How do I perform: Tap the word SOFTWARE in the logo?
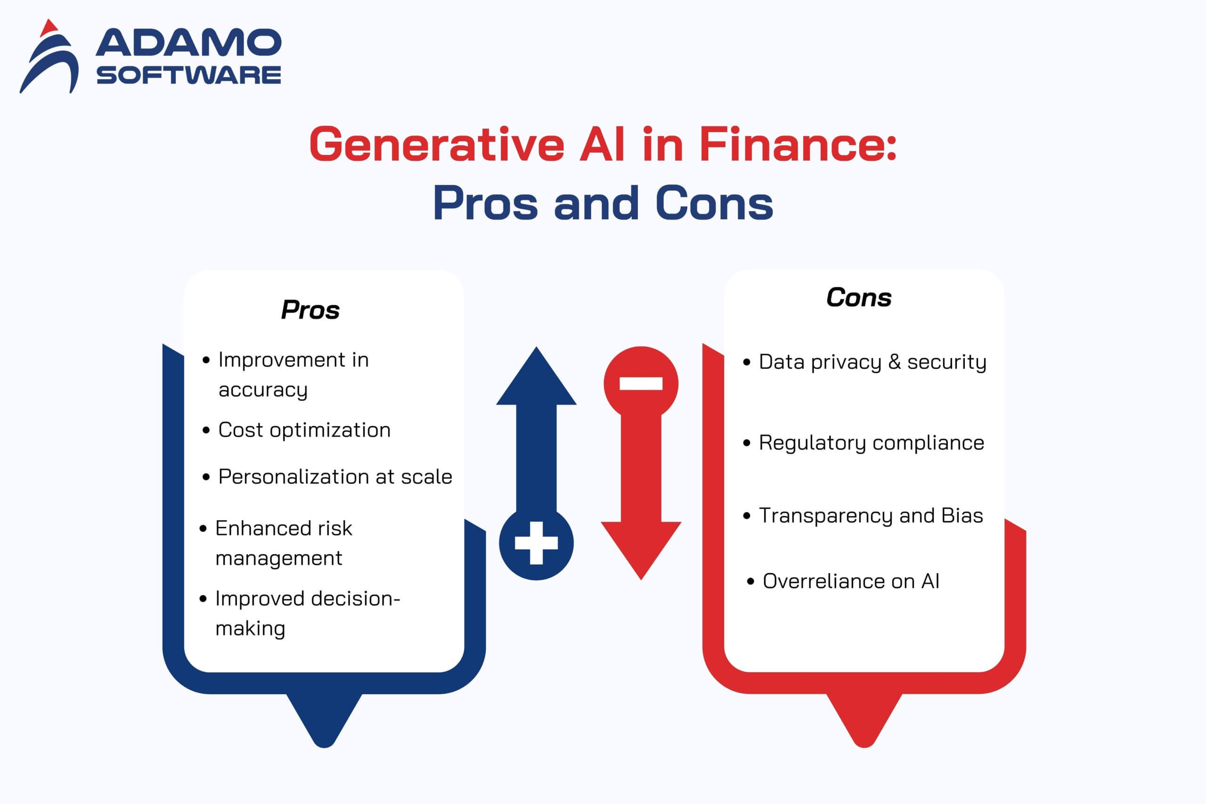[x=188, y=75]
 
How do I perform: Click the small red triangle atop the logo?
[x=49, y=28]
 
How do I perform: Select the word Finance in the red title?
[x=797, y=145]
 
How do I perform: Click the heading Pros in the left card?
[x=310, y=310]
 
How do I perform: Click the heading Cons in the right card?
[x=858, y=297]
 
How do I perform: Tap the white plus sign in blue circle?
[x=536, y=543]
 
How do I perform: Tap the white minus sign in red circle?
[x=641, y=384]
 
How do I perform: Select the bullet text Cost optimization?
[x=304, y=430]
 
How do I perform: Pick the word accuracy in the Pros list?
[x=263, y=390]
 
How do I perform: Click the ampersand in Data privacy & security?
[x=895, y=361]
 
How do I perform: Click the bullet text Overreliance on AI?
[x=850, y=581]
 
